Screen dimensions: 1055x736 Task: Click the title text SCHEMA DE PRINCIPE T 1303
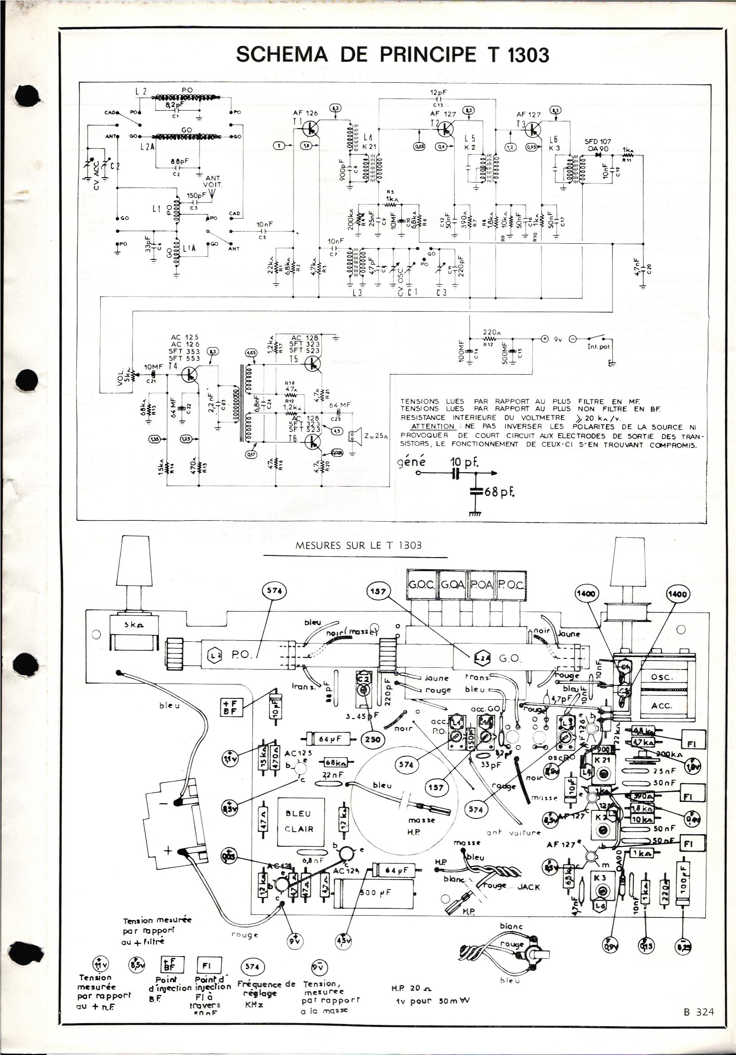(392, 55)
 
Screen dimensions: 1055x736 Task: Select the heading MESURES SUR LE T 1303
(359, 546)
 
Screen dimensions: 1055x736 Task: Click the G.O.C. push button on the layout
(423, 586)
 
